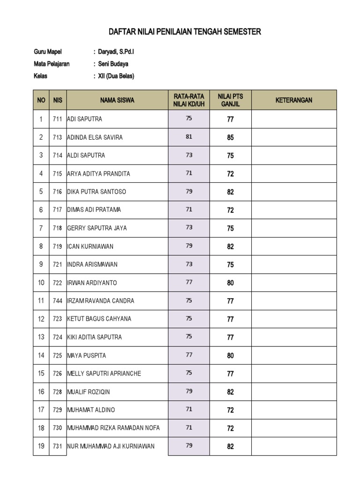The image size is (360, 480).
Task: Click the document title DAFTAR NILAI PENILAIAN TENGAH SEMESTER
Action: (x=185, y=32)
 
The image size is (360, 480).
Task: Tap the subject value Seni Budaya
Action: (x=112, y=64)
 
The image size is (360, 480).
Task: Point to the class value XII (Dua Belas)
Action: (x=116, y=76)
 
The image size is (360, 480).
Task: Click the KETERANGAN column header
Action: (x=294, y=100)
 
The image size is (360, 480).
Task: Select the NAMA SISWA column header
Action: (x=117, y=100)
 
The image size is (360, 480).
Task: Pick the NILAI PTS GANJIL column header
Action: (x=230, y=100)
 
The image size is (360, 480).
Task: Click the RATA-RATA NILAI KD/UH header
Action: (x=189, y=100)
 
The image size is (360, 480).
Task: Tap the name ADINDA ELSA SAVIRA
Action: (x=95, y=137)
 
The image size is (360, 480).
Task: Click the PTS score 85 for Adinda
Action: (x=230, y=138)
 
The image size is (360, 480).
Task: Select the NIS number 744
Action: (x=57, y=301)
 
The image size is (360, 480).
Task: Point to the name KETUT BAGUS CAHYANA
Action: (x=99, y=319)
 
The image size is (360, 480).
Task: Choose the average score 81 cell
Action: (x=189, y=137)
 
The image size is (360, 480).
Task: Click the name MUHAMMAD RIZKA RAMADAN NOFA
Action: (x=113, y=428)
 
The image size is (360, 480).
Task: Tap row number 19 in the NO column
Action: (x=41, y=446)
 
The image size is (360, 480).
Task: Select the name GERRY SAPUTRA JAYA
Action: (x=97, y=228)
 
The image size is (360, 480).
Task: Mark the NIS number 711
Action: (x=57, y=120)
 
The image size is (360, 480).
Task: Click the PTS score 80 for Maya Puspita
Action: (x=230, y=356)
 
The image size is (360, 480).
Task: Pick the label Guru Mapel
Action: (x=48, y=52)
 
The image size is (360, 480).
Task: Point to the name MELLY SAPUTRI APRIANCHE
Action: (x=104, y=374)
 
